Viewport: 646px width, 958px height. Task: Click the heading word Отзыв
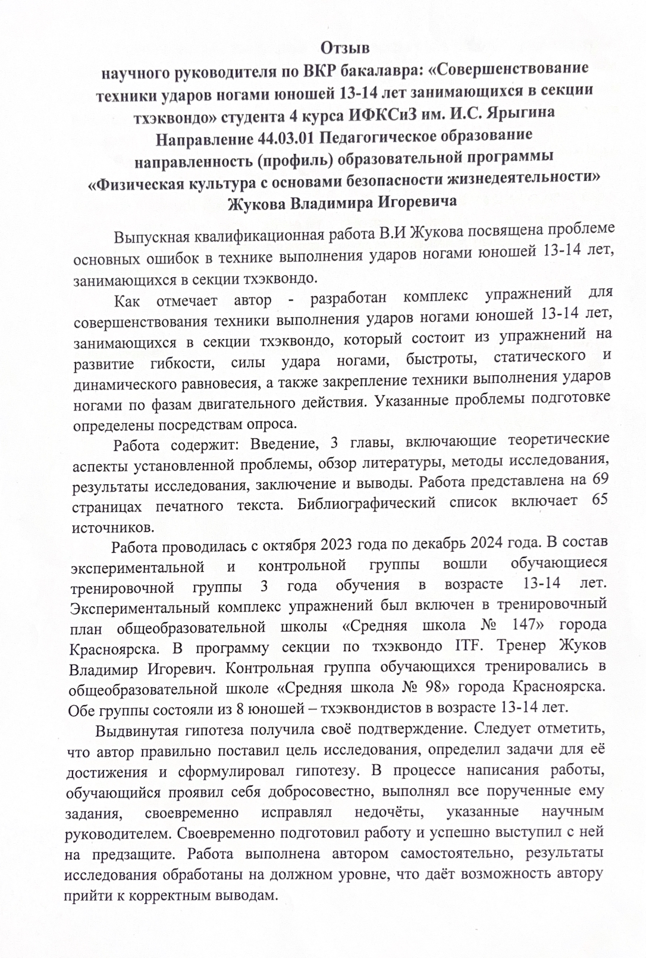[346, 46]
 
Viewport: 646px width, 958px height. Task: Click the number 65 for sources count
[600, 500]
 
